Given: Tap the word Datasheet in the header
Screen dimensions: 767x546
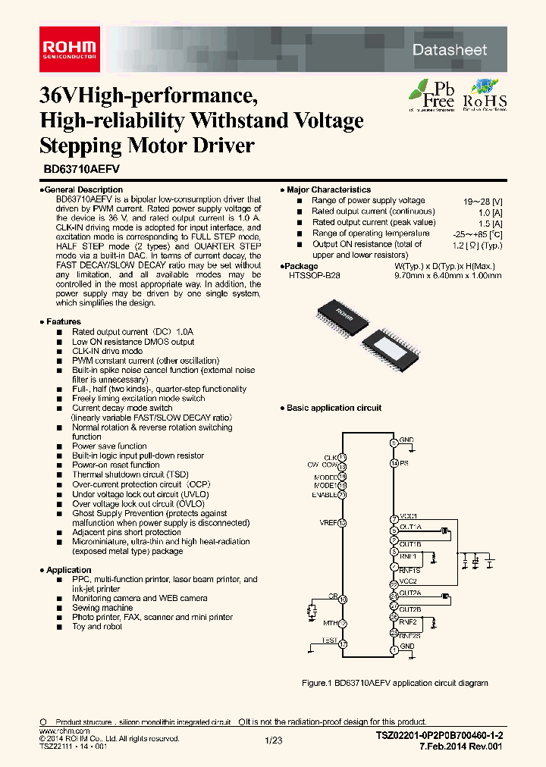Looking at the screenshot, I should pyautogui.click(x=460, y=50).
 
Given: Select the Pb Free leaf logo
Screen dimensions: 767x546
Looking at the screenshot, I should pyautogui.click(x=432, y=95).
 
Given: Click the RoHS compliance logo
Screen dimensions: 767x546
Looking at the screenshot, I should pyautogui.click(x=485, y=95).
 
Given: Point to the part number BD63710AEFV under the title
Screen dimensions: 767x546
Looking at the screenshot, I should pyautogui.click(x=77, y=171).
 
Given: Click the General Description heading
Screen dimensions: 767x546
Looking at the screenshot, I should pyautogui.click(x=81, y=189).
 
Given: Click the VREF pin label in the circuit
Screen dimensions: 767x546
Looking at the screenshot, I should pyautogui.click(x=327, y=523).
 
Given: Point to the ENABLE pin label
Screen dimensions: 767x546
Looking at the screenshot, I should pyautogui.click(x=324, y=494).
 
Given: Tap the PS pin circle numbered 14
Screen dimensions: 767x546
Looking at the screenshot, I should pyautogui.click(x=394, y=462).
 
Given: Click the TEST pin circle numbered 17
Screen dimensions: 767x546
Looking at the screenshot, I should pyautogui.click(x=342, y=643).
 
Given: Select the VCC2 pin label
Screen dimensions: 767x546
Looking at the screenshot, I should pyautogui.click(x=409, y=581).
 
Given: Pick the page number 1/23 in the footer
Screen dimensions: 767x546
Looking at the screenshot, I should pyautogui.click(x=273, y=740).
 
